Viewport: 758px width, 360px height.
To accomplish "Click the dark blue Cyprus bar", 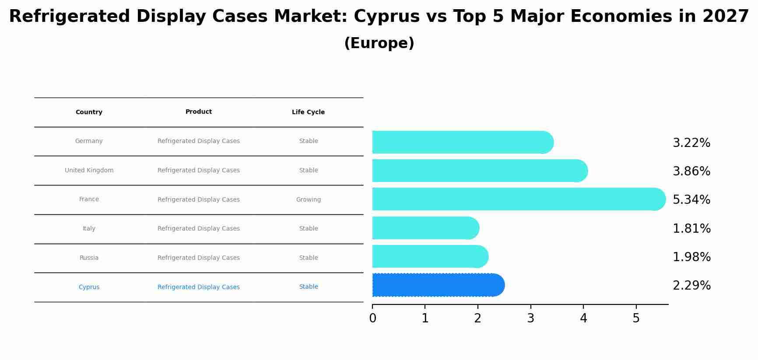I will click(438, 285).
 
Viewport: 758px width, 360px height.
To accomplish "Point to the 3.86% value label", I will click(691, 171).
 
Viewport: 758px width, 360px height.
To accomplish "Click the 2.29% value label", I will click(691, 286).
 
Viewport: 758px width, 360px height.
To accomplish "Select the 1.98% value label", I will click(691, 257).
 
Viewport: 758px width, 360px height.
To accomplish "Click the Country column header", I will click(89, 112).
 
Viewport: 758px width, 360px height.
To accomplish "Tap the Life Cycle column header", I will click(308, 112).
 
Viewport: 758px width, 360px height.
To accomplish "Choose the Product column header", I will click(198, 112).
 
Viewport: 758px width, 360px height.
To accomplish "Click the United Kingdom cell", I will click(89, 171).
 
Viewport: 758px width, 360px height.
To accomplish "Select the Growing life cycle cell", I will click(308, 200).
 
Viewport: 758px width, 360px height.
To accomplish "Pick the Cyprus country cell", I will click(89, 287).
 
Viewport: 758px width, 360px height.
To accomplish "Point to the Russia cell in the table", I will click(89, 258).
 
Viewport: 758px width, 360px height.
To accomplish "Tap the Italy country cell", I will click(89, 229).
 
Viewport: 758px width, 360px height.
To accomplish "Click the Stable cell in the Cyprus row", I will click(308, 287).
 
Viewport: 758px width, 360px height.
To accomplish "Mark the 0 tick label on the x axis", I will click(372, 318).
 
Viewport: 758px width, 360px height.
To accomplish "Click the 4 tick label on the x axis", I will click(583, 318).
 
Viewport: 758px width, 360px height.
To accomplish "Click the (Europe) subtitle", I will click(379, 43).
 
